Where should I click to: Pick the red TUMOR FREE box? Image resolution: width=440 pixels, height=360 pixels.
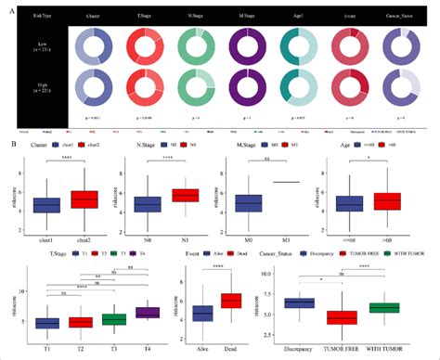click(343, 317)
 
